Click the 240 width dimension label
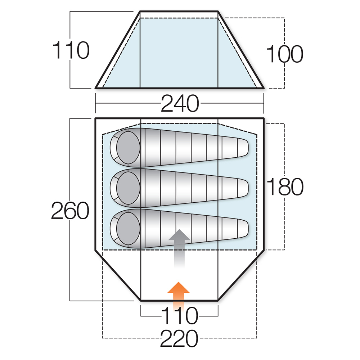[x=180, y=104]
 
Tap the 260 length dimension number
[x=70, y=211]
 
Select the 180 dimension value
[x=285, y=186]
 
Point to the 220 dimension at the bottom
[x=179, y=338]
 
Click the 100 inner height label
[x=285, y=54]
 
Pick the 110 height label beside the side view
[x=71, y=50]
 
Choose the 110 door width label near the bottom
[x=180, y=316]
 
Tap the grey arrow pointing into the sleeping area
[x=179, y=248]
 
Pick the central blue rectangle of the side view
[x=179, y=53]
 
